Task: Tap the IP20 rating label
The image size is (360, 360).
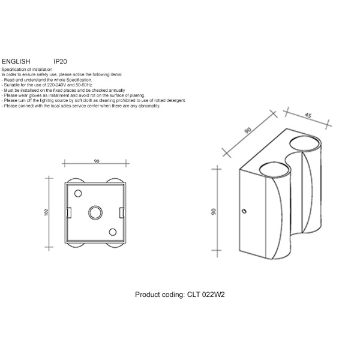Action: (x=61, y=61)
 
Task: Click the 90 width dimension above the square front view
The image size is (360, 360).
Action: (x=97, y=160)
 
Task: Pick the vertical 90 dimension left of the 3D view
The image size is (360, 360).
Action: (x=213, y=212)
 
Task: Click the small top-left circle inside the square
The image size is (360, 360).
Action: (x=78, y=193)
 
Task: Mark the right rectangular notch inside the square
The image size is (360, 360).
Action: (x=122, y=212)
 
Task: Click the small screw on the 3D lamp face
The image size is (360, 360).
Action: (x=245, y=211)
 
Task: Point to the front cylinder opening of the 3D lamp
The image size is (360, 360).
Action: (x=273, y=169)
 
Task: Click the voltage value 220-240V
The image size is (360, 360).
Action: (x=59, y=85)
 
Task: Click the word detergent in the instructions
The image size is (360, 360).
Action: (x=178, y=100)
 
